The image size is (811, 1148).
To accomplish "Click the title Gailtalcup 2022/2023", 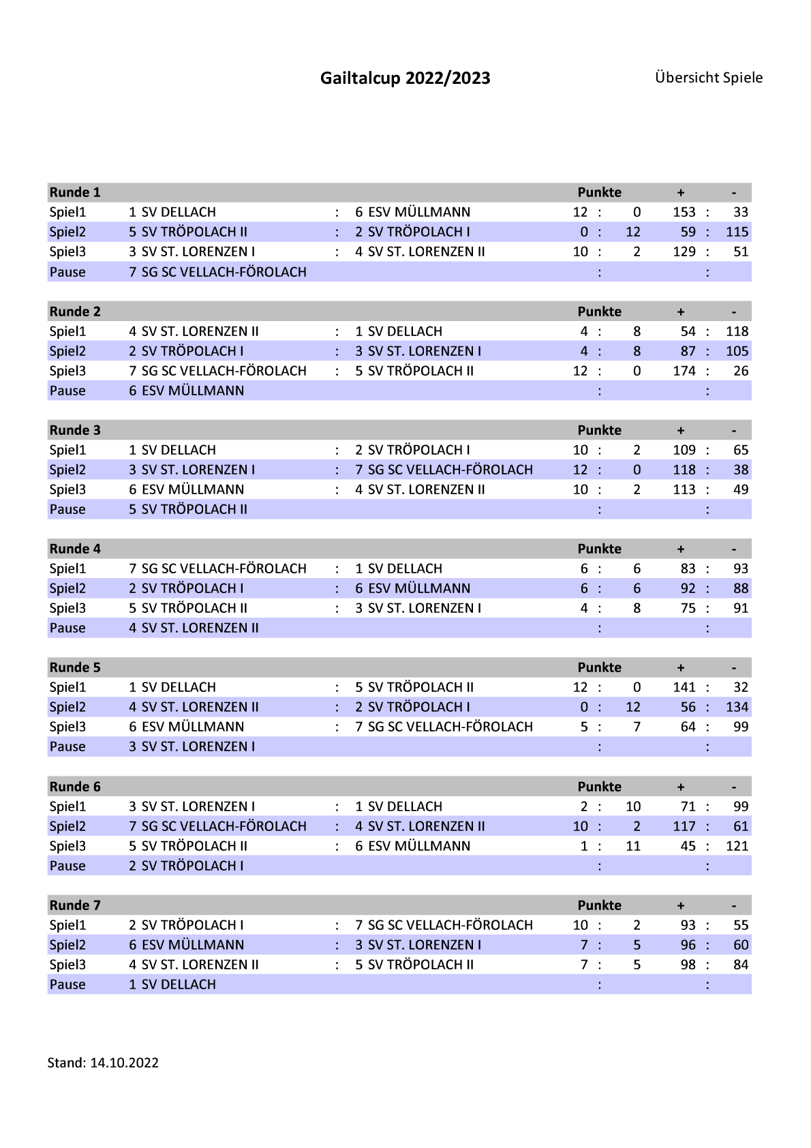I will pyautogui.click(x=405, y=78).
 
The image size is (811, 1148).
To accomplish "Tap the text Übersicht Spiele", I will pyautogui.click(x=708, y=78).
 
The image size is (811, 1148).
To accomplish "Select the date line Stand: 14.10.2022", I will pyautogui.click(x=103, y=1063).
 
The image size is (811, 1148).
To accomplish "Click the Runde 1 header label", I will pyautogui.click(x=75, y=192).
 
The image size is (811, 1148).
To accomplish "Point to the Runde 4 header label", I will pyautogui.click(x=75, y=549).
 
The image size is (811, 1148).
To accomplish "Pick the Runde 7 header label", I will pyautogui.click(x=75, y=905).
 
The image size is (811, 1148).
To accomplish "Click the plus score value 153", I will pyautogui.click(x=684, y=212).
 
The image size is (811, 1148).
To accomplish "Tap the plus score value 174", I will pyautogui.click(x=684, y=371).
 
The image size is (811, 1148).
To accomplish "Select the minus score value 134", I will pyautogui.click(x=737, y=707).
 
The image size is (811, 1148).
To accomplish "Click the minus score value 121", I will pyautogui.click(x=737, y=846).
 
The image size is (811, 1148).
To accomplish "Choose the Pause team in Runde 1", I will pyautogui.click(x=224, y=272).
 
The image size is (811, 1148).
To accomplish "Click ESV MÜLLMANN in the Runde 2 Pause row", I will pyautogui.click(x=192, y=391).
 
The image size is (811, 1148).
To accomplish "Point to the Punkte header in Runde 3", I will pyautogui.click(x=599, y=430).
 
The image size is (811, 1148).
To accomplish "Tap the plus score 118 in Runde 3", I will pyautogui.click(x=684, y=470).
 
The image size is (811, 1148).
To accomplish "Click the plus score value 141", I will pyautogui.click(x=684, y=687).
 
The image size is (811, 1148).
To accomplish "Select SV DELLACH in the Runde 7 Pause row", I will pyautogui.click(x=178, y=984).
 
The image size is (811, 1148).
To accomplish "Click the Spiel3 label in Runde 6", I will pyautogui.click(x=67, y=846).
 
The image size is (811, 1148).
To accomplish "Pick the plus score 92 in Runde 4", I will pyautogui.click(x=688, y=588).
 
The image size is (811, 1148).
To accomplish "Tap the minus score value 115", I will pyautogui.click(x=737, y=232).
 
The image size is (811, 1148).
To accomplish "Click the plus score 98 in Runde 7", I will pyautogui.click(x=688, y=965).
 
